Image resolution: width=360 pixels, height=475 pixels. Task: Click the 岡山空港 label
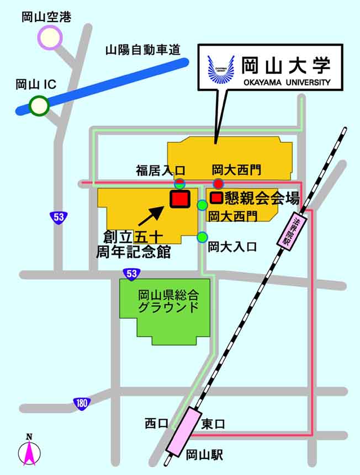point(46,17)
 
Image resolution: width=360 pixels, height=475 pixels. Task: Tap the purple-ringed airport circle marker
point(50,38)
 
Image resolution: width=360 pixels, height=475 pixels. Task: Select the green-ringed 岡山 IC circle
point(39,105)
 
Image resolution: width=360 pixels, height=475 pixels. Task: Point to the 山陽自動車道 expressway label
point(143,51)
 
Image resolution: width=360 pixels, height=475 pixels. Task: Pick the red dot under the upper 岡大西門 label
point(219,184)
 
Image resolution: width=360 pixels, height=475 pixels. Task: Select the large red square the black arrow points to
point(180,199)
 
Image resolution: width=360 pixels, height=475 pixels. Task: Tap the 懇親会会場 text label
point(262,198)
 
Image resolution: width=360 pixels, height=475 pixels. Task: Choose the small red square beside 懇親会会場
point(216,198)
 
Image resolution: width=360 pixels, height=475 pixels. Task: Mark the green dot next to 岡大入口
point(202,237)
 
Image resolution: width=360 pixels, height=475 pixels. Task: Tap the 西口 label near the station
point(155,423)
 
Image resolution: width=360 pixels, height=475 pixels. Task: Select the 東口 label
point(213,424)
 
